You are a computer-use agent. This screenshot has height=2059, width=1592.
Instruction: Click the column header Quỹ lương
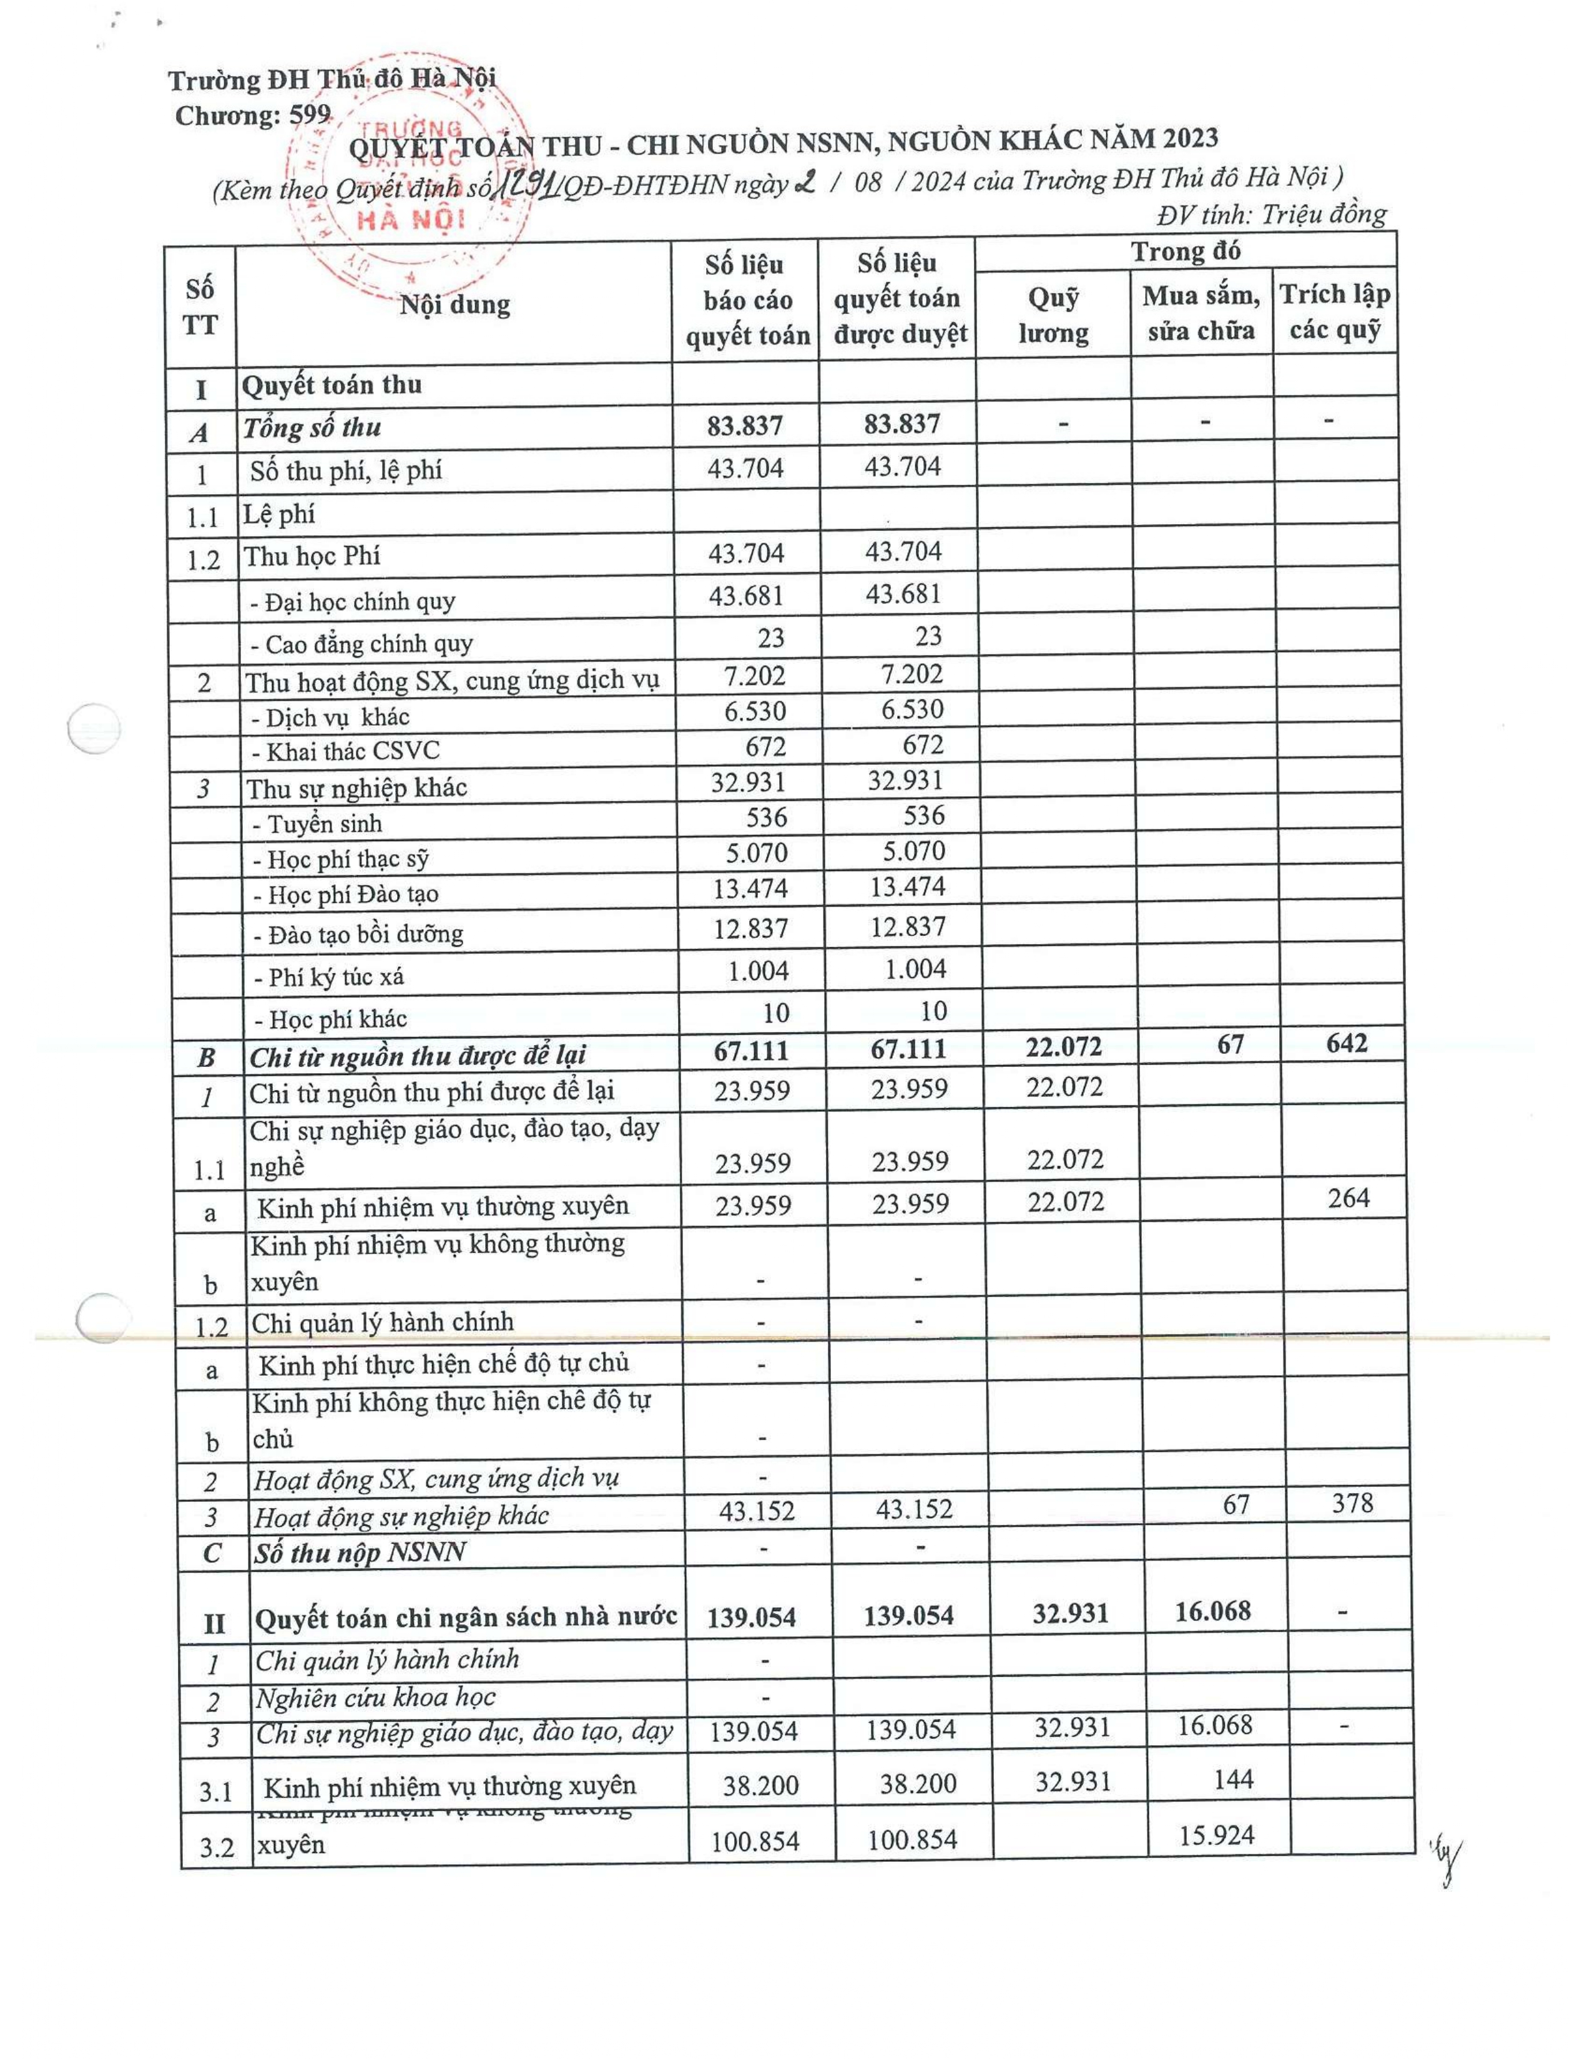pos(1053,315)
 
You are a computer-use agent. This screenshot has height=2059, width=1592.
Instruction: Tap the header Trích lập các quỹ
pos(1335,311)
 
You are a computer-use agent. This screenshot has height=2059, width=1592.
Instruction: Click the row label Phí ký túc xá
pos(329,976)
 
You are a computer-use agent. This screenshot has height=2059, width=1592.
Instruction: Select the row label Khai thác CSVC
pos(345,751)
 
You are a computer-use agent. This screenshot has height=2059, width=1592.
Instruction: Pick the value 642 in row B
pos(1346,1044)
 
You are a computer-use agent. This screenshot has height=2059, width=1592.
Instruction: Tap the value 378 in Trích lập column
pos(1352,1503)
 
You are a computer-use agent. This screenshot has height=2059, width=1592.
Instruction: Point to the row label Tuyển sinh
pos(318,824)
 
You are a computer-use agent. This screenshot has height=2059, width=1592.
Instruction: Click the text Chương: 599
pos(253,116)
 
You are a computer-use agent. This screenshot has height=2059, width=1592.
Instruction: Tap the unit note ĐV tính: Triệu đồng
pos(1273,215)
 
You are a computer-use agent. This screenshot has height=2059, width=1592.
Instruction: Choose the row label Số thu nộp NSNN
pos(360,1553)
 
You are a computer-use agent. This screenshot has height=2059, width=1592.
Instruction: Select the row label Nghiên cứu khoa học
pos(375,1698)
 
